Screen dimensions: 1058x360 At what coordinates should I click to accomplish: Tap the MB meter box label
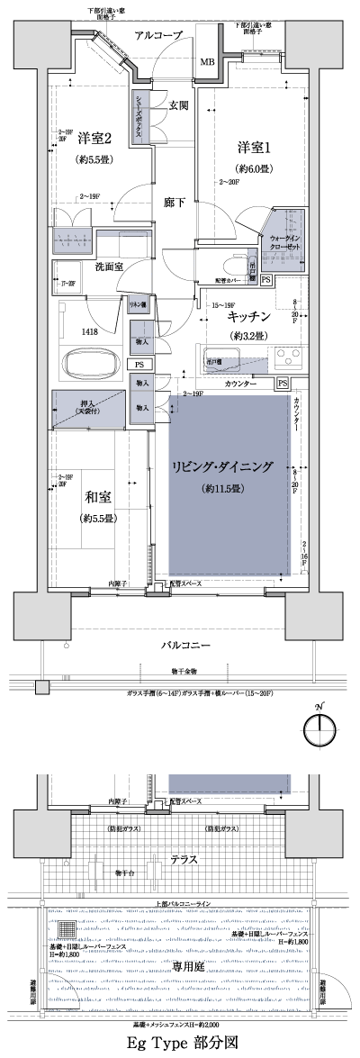pos(207,62)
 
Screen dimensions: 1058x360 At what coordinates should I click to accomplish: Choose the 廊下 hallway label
pos(175,202)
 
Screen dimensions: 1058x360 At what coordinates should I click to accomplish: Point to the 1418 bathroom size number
pos(92,330)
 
